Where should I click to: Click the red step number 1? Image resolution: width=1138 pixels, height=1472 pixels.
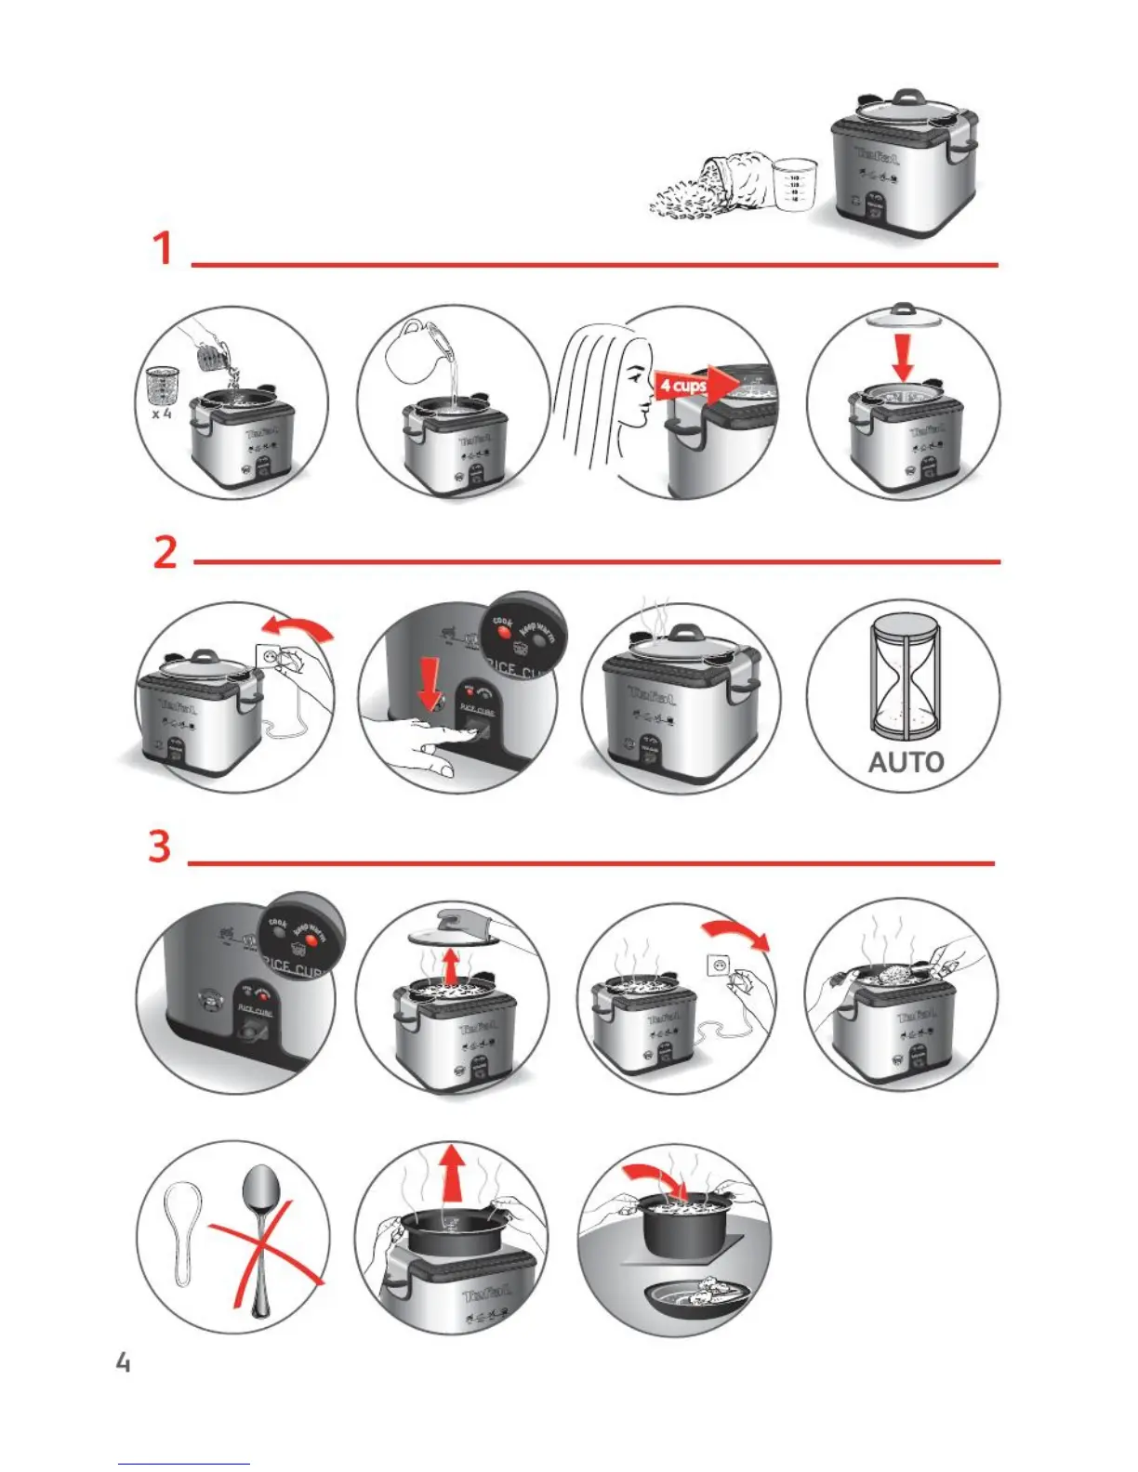(163, 248)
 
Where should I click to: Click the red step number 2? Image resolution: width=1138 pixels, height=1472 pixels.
(165, 552)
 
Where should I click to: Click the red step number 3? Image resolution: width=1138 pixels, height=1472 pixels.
(160, 847)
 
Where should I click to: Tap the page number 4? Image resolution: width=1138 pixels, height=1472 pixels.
(123, 1363)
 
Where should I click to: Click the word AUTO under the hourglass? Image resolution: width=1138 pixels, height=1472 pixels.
(906, 763)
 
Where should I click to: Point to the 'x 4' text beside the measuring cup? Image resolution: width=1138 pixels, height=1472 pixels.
(161, 414)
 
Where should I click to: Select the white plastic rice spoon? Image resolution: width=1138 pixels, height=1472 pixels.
(182, 1227)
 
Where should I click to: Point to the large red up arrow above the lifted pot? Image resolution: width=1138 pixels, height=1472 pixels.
(452, 1175)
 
